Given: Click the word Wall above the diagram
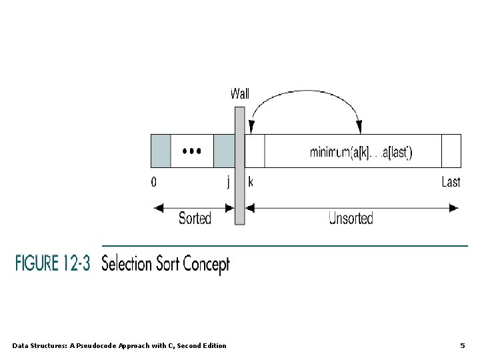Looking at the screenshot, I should (239, 93).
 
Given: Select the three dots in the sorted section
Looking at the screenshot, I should (191, 151).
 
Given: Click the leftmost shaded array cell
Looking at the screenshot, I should (161, 151).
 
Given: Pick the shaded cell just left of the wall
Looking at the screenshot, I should (223, 151).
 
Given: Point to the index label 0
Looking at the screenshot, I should (154, 181).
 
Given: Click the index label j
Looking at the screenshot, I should (228, 182).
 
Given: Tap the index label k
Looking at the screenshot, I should (251, 181).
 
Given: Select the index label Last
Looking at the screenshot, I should (451, 181).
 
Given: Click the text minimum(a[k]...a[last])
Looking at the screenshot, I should (361, 153).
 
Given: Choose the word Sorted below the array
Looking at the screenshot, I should (195, 219).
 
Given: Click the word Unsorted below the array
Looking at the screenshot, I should (351, 219).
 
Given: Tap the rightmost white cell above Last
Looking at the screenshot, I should (451, 151).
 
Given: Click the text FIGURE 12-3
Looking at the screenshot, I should (53, 263).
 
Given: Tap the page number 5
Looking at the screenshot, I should (462, 345).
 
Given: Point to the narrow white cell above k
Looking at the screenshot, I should (255, 151).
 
